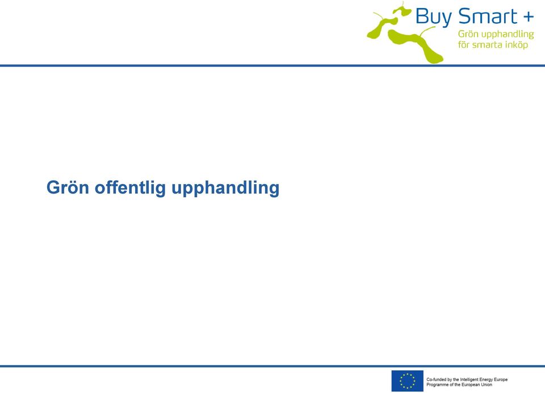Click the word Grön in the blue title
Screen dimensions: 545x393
[x=68, y=187]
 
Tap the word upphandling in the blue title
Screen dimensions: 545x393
[x=225, y=188]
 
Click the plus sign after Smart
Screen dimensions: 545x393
[x=528, y=16]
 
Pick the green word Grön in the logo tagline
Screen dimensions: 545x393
[x=468, y=34]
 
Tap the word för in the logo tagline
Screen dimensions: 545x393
[x=463, y=44]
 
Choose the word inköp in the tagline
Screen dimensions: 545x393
[x=517, y=45]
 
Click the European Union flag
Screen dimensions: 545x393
[x=408, y=381]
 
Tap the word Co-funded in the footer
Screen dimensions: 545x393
[x=436, y=379]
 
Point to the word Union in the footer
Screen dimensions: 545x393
[x=487, y=384]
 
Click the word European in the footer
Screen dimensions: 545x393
[x=471, y=385]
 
